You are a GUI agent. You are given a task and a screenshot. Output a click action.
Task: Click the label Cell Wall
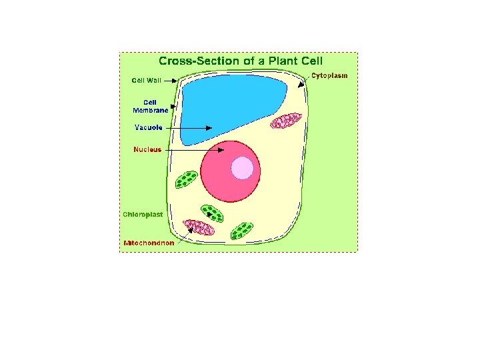click(146, 81)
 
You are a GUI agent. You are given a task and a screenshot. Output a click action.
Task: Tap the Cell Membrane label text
click(149, 107)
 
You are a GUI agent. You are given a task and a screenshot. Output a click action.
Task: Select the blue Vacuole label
click(149, 127)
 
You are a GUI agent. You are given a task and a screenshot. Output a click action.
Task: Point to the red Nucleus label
click(147, 149)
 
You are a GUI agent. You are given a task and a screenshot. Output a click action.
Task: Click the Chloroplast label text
click(143, 215)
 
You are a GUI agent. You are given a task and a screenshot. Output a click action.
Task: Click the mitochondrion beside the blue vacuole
click(286, 121)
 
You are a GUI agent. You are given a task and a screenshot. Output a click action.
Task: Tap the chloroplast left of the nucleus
click(186, 179)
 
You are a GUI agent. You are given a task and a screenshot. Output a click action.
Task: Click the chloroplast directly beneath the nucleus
click(213, 213)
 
